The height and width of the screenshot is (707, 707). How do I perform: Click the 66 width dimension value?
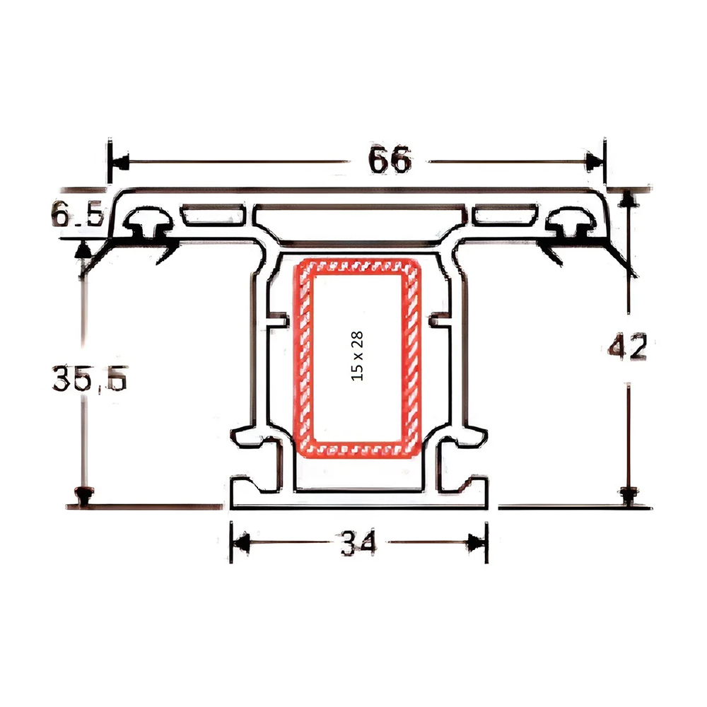click(390, 161)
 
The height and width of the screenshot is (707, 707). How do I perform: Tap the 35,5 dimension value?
click(88, 380)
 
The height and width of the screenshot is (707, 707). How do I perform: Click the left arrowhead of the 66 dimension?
click(121, 162)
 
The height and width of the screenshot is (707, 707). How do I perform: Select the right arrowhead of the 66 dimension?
click(592, 162)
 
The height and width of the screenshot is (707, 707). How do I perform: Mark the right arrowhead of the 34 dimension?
click(477, 543)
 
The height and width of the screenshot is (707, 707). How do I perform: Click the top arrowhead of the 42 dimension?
click(625, 201)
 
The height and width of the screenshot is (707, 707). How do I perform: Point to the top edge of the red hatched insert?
click(357, 265)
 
